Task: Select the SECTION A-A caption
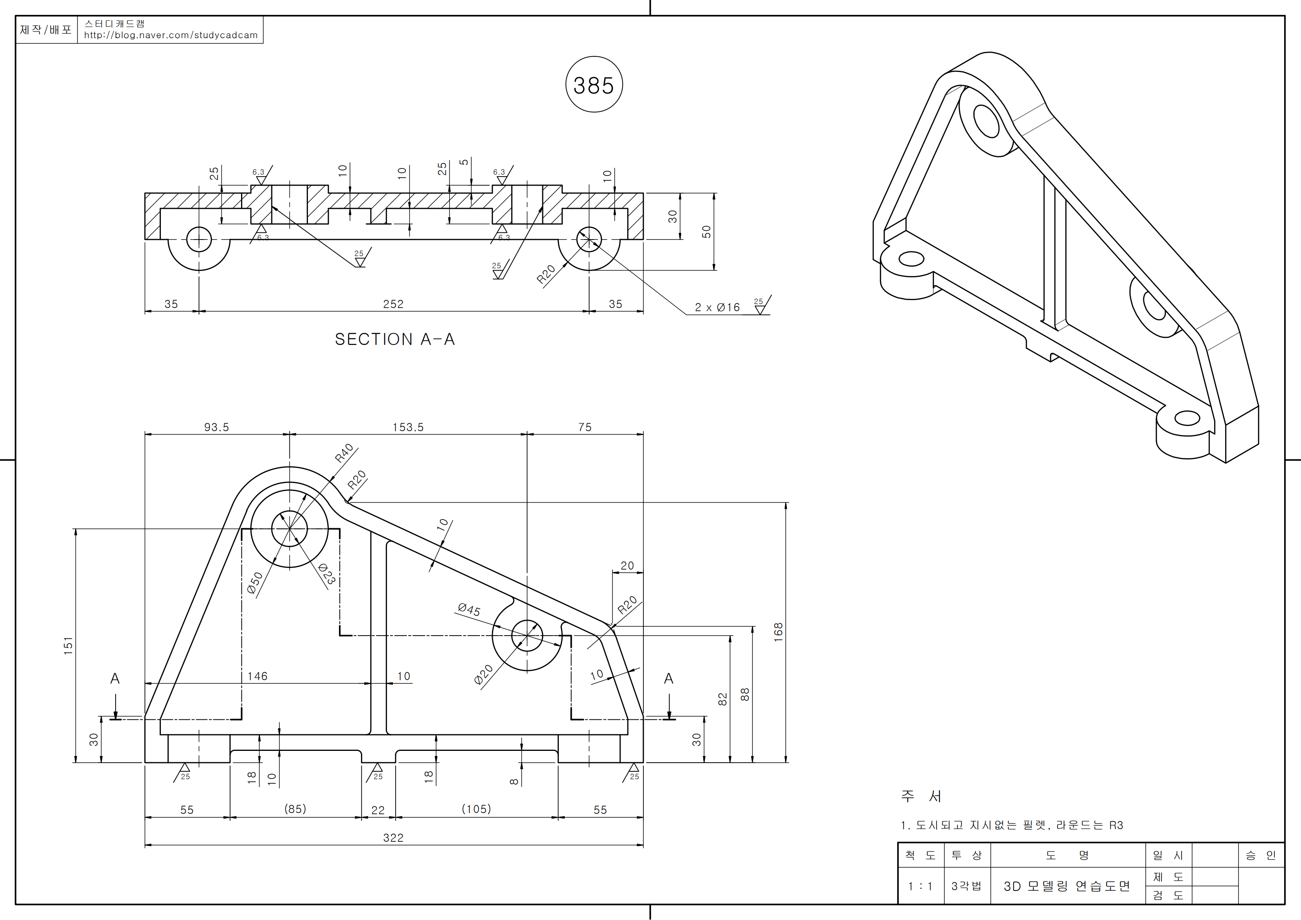click(x=394, y=339)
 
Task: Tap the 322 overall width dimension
click(x=393, y=837)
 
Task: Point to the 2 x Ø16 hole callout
click(x=717, y=307)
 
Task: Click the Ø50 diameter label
click(x=255, y=583)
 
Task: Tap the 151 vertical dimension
click(x=68, y=645)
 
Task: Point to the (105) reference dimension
click(x=476, y=809)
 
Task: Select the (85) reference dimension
click(x=295, y=809)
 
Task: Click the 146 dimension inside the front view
click(x=257, y=676)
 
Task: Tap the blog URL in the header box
click(x=171, y=35)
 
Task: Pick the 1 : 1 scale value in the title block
click(x=920, y=886)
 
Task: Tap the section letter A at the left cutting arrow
click(x=115, y=678)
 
